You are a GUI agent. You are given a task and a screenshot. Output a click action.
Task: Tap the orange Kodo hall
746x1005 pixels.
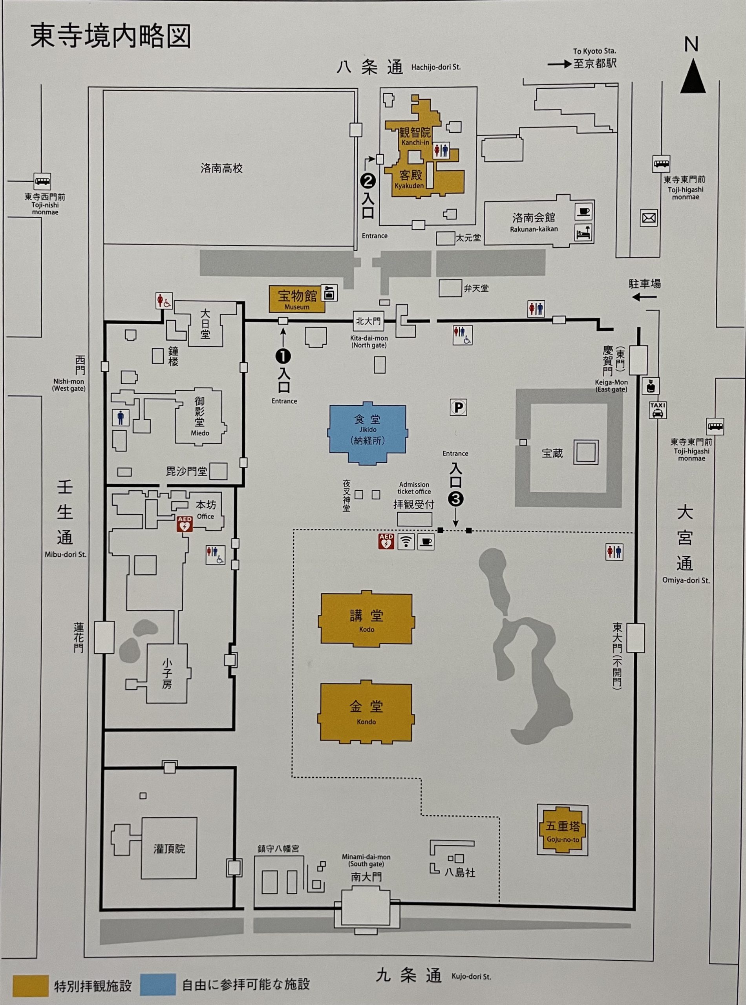366,619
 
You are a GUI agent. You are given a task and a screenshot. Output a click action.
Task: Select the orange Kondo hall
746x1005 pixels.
366,713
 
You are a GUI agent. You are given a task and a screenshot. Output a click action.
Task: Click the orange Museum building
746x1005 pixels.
297,298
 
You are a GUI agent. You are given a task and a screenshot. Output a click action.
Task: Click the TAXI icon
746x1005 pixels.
658,410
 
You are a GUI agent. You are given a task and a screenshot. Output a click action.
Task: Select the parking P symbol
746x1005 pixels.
458,407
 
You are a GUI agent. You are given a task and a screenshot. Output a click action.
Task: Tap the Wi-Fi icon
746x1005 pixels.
406,541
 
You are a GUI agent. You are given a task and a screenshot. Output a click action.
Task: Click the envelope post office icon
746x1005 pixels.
649,219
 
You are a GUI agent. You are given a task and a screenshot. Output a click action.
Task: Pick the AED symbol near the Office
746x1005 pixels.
185,524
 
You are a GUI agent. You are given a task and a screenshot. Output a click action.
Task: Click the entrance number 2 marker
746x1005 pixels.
368,181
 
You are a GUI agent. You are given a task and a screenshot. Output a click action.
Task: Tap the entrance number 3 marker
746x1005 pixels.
455,499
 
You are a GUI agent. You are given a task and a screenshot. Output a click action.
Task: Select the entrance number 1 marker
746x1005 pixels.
283,356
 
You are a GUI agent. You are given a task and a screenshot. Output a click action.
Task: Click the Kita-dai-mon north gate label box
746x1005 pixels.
368,322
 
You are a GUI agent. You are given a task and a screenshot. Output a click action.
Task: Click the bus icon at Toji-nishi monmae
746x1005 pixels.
42,181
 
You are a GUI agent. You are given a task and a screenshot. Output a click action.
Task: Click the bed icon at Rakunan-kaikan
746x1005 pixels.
583,232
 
